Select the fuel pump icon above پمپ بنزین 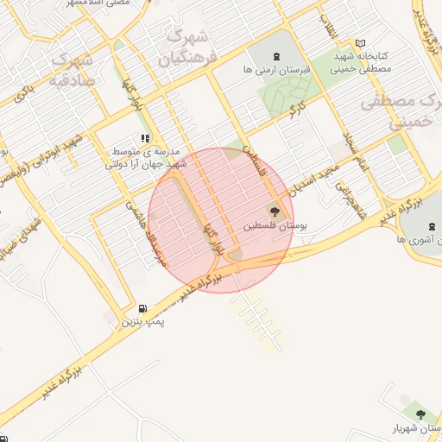click(142, 308)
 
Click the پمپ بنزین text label click(142, 321)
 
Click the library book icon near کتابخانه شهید click(360, 43)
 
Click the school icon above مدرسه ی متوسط click(144, 137)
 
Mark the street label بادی click(26, 92)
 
